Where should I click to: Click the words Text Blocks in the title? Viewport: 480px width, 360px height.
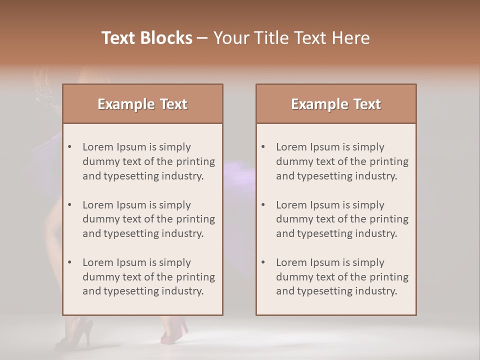point(146,38)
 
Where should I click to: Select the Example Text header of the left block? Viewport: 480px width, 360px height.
point(142,104)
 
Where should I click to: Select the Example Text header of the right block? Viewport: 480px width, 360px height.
point(336,104)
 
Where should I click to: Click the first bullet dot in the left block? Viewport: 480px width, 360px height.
point(69,147)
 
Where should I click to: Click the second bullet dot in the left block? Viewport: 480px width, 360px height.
point(69,205)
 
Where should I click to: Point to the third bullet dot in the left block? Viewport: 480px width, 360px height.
point(69,262)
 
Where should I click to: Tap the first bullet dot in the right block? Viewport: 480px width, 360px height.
point(263,147)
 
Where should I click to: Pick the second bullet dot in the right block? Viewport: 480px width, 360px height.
point(263,205)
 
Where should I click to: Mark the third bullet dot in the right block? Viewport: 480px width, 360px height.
point(263,262)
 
